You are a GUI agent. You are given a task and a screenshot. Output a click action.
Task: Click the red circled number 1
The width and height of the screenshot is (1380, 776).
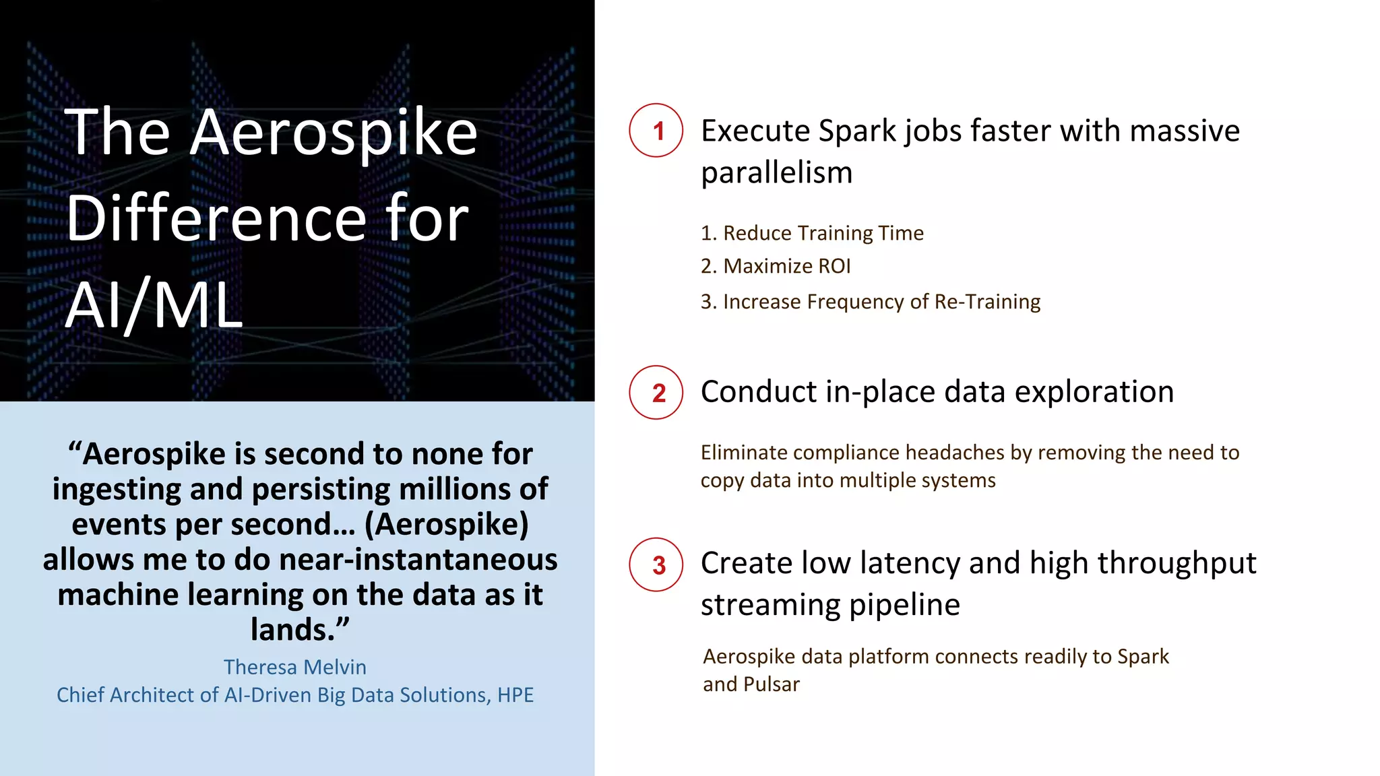656,131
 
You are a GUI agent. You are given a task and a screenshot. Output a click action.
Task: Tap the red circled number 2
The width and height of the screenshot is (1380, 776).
656,393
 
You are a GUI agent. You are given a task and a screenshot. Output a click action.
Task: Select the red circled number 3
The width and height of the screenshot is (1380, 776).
656,565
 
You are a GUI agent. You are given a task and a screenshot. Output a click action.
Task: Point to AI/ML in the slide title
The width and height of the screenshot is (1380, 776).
154,306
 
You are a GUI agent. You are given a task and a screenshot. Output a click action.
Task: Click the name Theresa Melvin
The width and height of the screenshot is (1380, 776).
295,667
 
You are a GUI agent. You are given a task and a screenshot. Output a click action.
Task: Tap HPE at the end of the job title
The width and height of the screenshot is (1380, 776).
515,695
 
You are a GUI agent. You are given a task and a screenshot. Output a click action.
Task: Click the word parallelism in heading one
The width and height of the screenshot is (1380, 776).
776,173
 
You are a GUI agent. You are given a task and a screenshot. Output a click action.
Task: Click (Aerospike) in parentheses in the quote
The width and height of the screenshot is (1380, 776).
446,525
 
